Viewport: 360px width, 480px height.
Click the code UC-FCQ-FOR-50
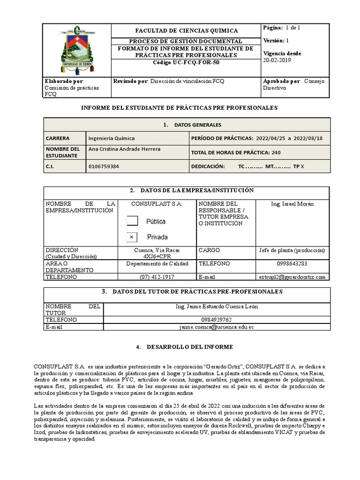click(x=186, y=62)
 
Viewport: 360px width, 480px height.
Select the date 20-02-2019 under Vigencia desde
click(x=277, y=60)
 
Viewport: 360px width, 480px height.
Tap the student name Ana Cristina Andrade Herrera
click(x=124, y=149)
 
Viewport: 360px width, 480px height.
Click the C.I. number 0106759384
click(x=104, y=166)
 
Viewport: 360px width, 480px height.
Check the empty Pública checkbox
click(x=133, y=221)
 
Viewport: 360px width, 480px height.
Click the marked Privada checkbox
click(x=133, y=237)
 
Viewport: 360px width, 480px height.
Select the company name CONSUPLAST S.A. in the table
click(x=157, y=204)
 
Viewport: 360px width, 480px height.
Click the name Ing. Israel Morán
click(x=292, y=204)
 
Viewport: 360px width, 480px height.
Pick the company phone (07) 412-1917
click(x=157, y=277)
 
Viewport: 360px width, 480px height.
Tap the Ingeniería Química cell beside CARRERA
click(x=112, y=138)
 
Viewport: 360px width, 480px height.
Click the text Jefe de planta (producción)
click(x=292, y=250)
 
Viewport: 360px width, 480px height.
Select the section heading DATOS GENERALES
click(x=197, y=125)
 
